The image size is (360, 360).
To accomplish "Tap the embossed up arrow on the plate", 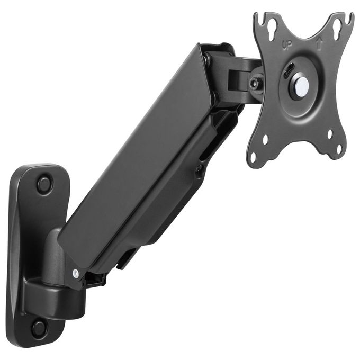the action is [319, 44].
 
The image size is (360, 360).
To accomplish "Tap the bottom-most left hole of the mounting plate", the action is [253, 157].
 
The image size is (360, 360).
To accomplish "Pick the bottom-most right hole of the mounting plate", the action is [339, 149].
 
